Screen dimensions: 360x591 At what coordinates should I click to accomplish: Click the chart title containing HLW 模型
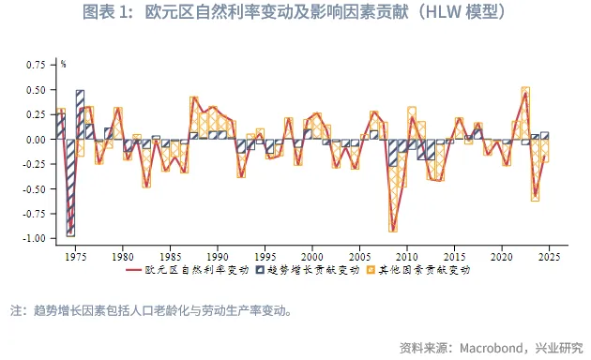click(x=295, y=13)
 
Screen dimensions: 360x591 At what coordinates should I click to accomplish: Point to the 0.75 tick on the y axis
click(x=35, y=65)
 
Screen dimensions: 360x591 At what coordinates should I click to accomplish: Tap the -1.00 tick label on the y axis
click(x=33, y=238)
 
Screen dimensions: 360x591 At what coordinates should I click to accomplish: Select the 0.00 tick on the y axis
click(x=35, y=140)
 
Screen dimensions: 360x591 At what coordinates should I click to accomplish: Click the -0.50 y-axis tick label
click(x=33, y=188)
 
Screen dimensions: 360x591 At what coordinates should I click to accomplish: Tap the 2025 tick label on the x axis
click(x=550, y=255)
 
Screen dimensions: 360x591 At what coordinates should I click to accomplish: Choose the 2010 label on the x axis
click(x=406, y=255)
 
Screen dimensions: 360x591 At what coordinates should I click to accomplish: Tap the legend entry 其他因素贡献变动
click(x=425, y=270)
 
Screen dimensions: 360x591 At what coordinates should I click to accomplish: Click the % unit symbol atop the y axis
click(x=64, y=65)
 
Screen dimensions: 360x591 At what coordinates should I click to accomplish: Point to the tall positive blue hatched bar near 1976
click(x=80, y=114)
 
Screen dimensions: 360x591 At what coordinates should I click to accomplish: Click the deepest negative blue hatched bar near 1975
click(x=70, y=187)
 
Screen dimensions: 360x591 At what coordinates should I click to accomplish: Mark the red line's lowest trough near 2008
click(x=393, y=230)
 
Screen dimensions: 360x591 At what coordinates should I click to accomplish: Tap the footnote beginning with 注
click(x=150, y=310)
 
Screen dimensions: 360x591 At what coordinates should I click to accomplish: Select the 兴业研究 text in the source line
click(x=558, y=346)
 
